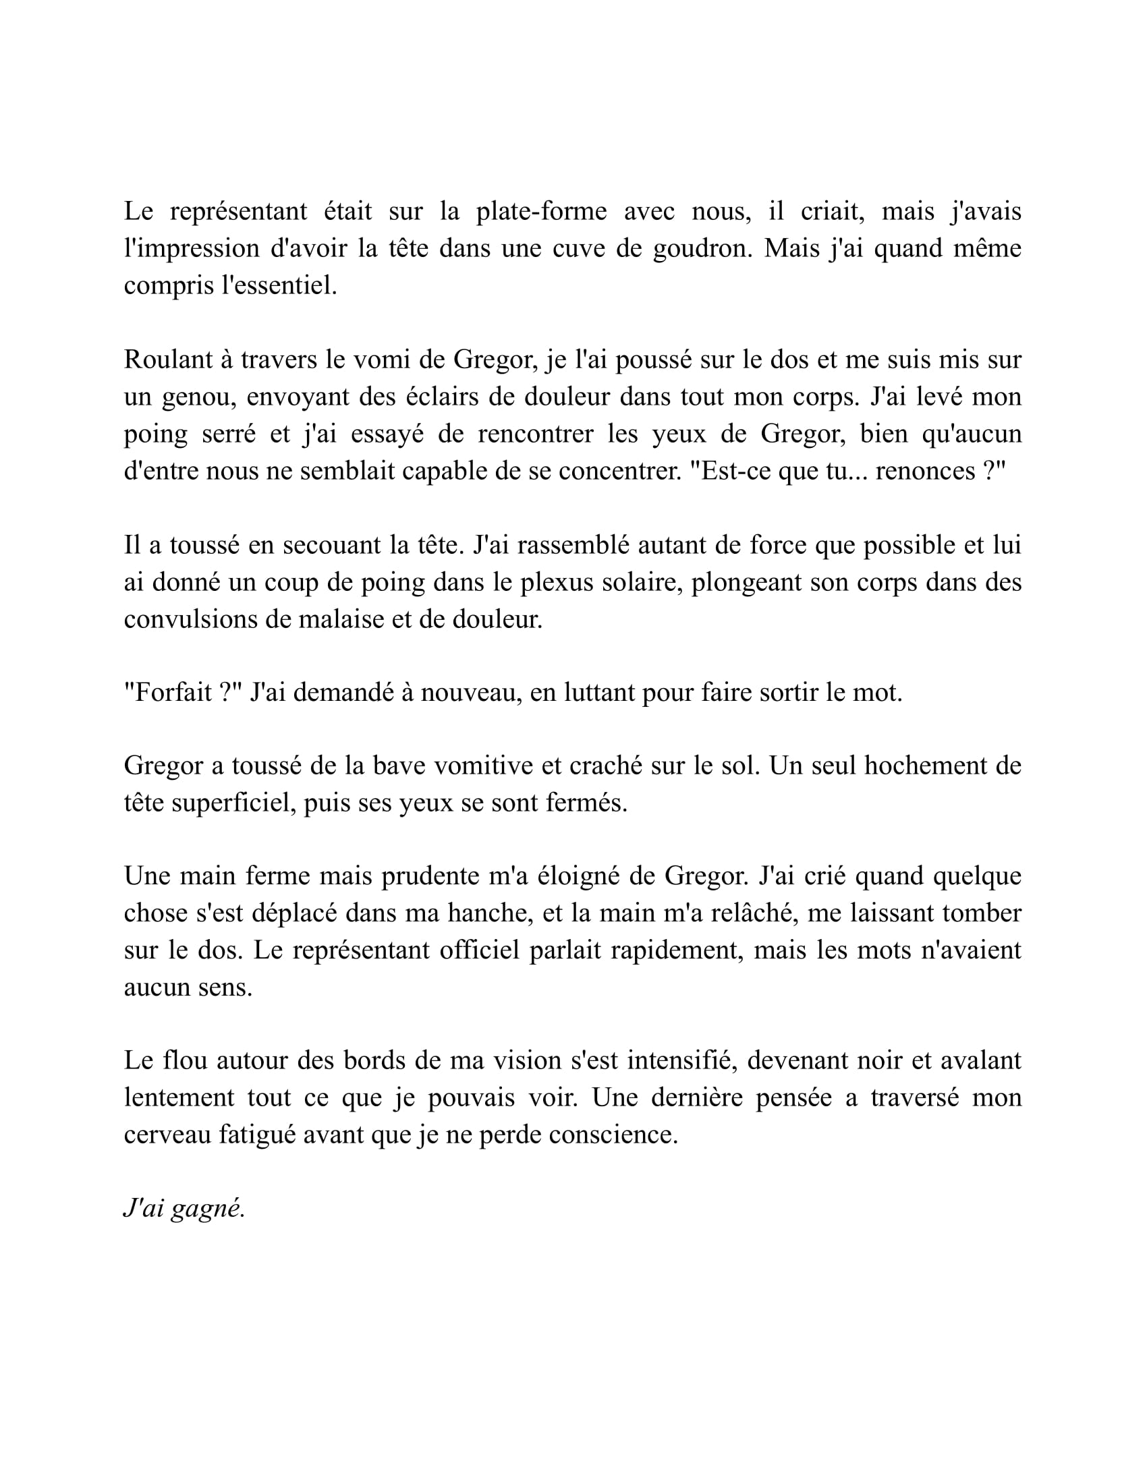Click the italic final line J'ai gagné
point(184,1209)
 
